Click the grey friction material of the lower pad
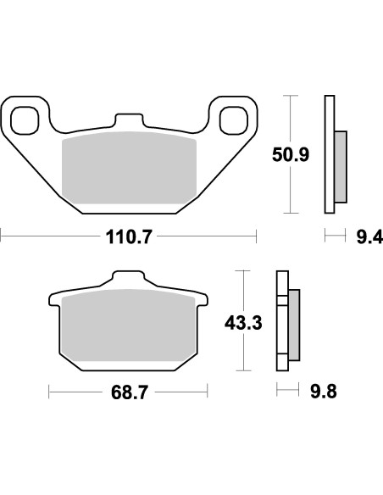[x=129, y=327]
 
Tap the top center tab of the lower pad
[x=129, y=281]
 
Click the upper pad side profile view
[x=332, y=155]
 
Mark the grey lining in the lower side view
[x=294, y=323]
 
